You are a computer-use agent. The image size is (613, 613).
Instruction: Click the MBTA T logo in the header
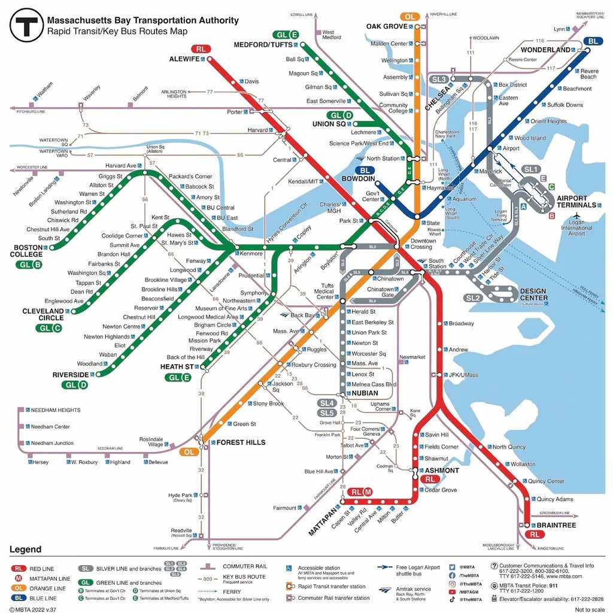26,25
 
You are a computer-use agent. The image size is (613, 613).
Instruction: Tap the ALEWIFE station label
184,59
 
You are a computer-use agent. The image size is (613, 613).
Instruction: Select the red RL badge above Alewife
199,49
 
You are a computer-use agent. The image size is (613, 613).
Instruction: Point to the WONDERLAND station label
545,50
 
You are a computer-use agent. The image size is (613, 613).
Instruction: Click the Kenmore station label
251,254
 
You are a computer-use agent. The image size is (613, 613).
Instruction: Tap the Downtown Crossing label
423,244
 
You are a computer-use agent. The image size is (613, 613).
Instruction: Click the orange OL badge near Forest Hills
189,452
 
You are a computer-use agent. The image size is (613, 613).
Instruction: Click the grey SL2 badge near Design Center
473,298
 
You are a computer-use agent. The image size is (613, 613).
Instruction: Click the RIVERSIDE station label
71,375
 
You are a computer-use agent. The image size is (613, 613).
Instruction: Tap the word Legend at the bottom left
25,550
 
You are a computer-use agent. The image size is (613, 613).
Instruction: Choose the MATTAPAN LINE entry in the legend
50,579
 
